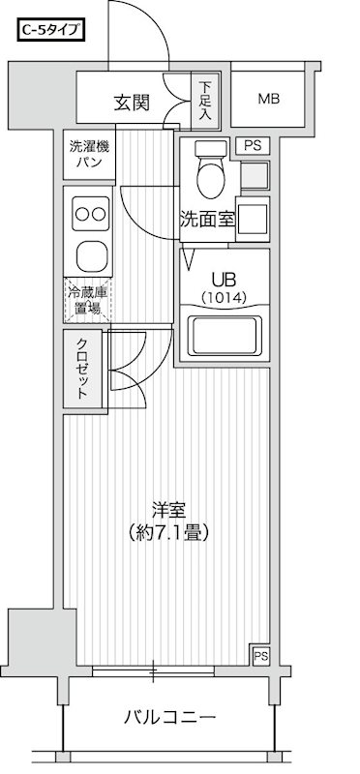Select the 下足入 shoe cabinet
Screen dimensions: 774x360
pos(205,100)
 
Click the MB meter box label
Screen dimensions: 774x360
pos(269,99)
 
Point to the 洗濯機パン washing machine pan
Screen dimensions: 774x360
pos(90,155)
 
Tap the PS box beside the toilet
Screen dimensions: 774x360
pos(253,146)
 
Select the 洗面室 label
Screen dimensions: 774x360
pos(207,219)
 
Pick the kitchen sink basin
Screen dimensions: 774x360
pos(90,256)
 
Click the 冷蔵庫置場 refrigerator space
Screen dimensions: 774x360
pos(88,300)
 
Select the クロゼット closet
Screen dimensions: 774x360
pos(83,369)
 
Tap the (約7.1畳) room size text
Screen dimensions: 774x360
pos(167,532)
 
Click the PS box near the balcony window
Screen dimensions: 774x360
pos(259,656)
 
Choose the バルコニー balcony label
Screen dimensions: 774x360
pos(170,717)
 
